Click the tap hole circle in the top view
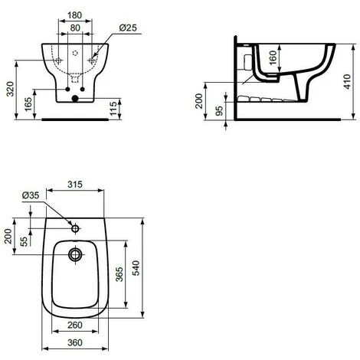coord(75,227)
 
